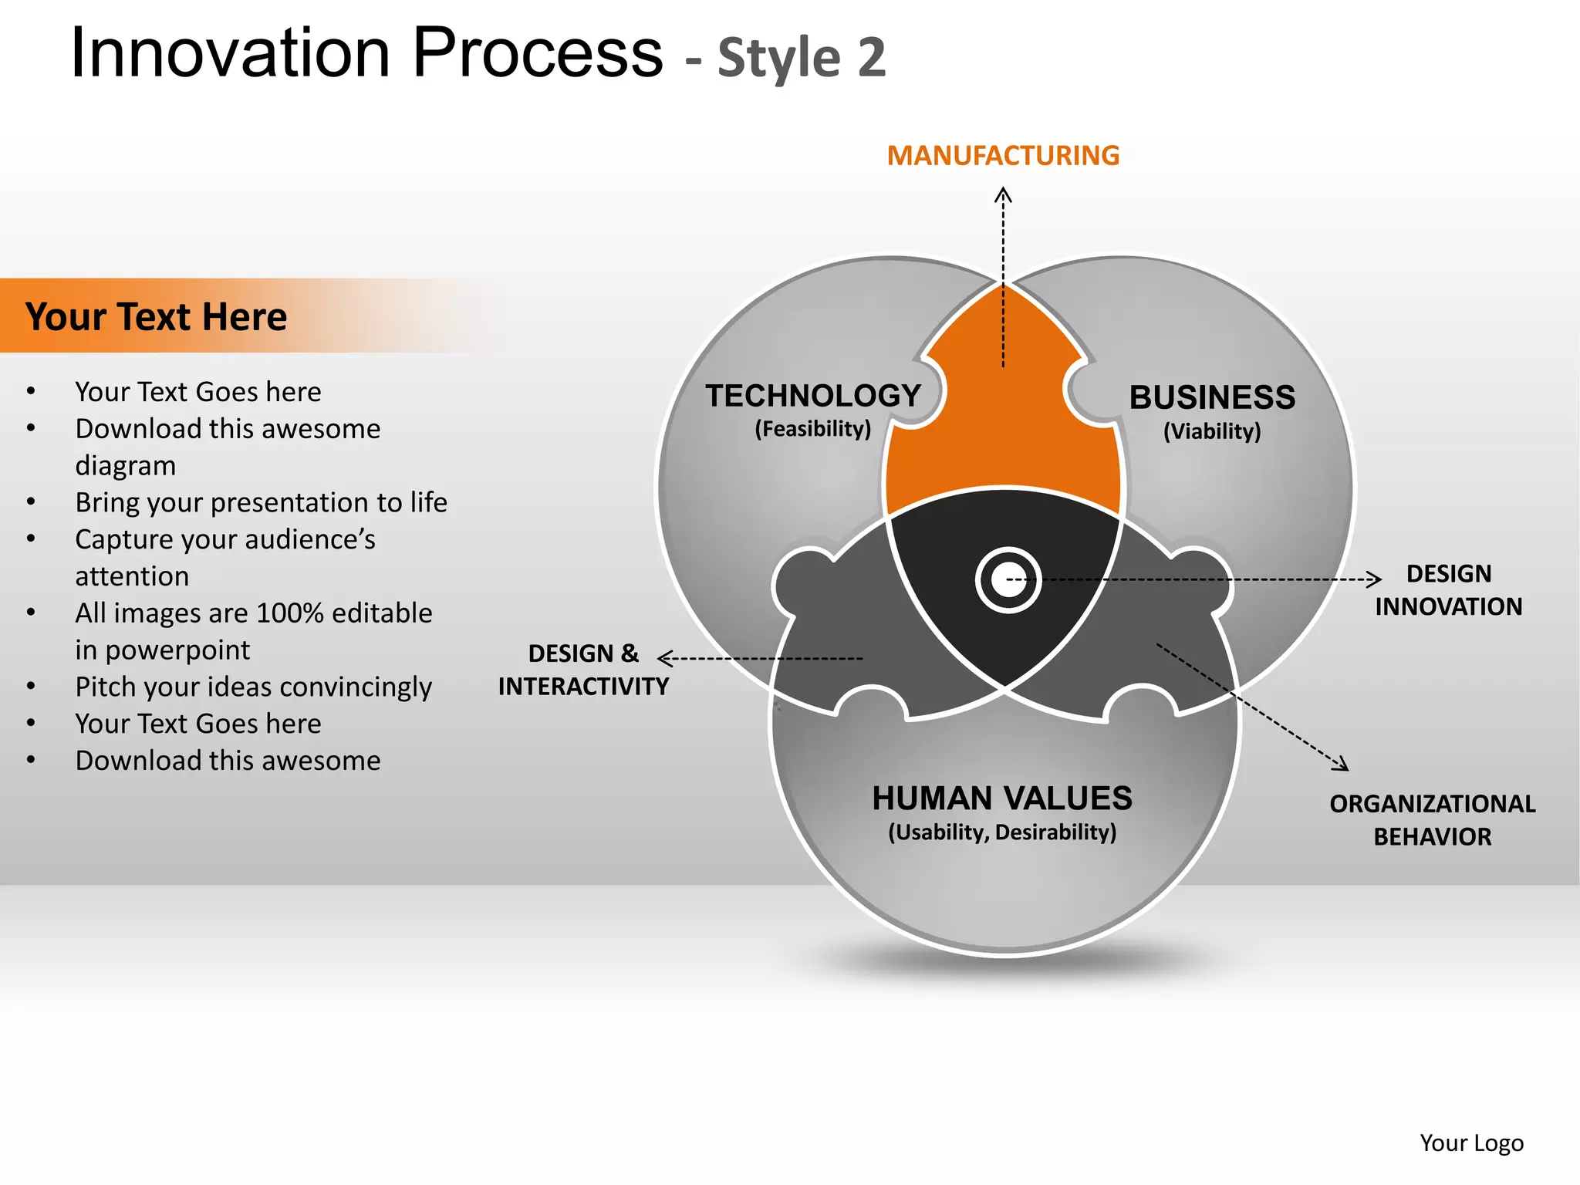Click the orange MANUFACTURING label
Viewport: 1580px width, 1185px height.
[1003, 156]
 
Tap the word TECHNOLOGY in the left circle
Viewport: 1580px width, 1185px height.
[813, 396]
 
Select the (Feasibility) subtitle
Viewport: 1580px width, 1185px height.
[812, 429]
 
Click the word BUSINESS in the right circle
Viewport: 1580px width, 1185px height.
[1212, 398]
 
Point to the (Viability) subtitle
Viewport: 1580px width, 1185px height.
[1212, 431]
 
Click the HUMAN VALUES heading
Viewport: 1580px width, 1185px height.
[1002, 798]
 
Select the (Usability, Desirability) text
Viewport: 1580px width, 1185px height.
[1002, 832]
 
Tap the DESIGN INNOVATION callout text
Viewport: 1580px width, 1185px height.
[1448, 590]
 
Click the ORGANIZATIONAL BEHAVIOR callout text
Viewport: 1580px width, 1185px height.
[1432, 820]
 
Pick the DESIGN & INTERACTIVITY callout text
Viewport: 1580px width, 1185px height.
[583, 670]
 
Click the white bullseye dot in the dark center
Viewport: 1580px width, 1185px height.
[1008, 580]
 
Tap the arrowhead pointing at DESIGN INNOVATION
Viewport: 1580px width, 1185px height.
[1375, 579]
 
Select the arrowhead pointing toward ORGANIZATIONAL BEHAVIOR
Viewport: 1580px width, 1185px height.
[1342, 765]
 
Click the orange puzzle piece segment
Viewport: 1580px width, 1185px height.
[1003, 432]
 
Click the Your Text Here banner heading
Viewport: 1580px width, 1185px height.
[156, 317]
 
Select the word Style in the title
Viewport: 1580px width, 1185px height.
[779, 58]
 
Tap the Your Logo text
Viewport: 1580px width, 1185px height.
[1471, 1143]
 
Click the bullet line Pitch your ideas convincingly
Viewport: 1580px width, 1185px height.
[253, 687]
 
